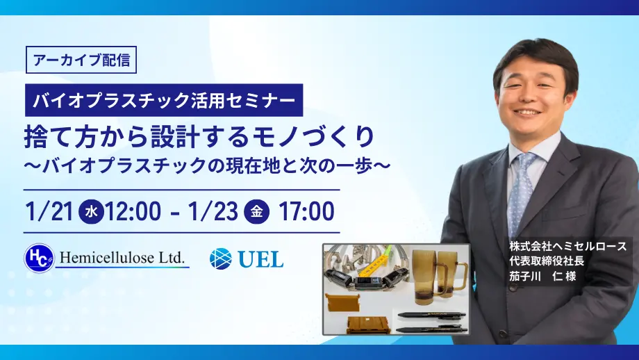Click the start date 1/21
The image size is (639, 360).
click(x=49, y=210)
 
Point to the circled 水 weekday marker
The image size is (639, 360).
click(x=92, y=211)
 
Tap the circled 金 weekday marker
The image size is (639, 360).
click(x=257, y=211)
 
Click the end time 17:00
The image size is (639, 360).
click(x=306, y=210)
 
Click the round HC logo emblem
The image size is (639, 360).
click(x=39, y=259)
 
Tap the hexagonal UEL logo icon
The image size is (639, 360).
click(x=221, y=259)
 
